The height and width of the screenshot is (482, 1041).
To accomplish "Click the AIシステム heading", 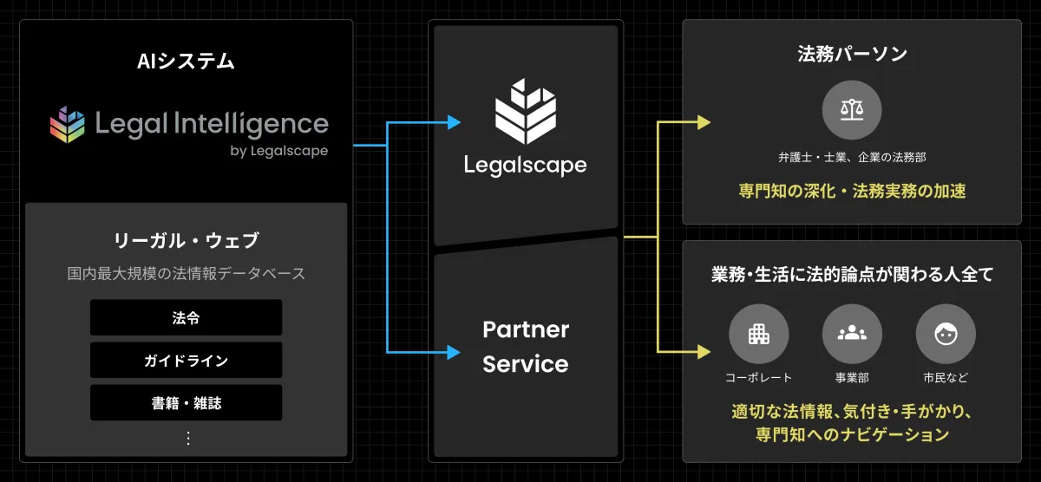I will point(186,62).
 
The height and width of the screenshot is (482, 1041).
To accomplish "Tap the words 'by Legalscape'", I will point(278,151).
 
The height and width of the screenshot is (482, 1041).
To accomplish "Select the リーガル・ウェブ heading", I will point(186,241).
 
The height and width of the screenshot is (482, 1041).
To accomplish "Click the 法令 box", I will point(186,317).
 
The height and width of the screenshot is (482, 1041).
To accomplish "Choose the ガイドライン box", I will point(186,360).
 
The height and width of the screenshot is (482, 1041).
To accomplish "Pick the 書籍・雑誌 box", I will point(186,402).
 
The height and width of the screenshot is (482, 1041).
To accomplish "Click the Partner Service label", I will point(525,346).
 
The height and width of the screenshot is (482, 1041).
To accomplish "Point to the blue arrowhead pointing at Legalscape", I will point(454,123).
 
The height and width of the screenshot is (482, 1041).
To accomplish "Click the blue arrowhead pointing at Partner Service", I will point(454,352).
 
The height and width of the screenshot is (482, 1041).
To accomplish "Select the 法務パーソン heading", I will point(852,54).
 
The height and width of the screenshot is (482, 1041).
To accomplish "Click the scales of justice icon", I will point(852,110).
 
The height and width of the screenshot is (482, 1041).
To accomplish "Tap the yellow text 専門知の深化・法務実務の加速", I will point(852,192).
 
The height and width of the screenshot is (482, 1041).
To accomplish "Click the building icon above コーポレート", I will point(758,334).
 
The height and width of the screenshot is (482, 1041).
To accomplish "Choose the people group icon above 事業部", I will point(852,334).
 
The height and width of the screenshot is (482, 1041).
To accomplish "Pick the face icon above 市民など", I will point(946,334).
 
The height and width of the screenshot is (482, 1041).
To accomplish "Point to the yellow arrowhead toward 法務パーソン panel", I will point(704,122).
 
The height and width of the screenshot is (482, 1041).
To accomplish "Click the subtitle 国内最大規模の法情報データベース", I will point(186,273).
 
